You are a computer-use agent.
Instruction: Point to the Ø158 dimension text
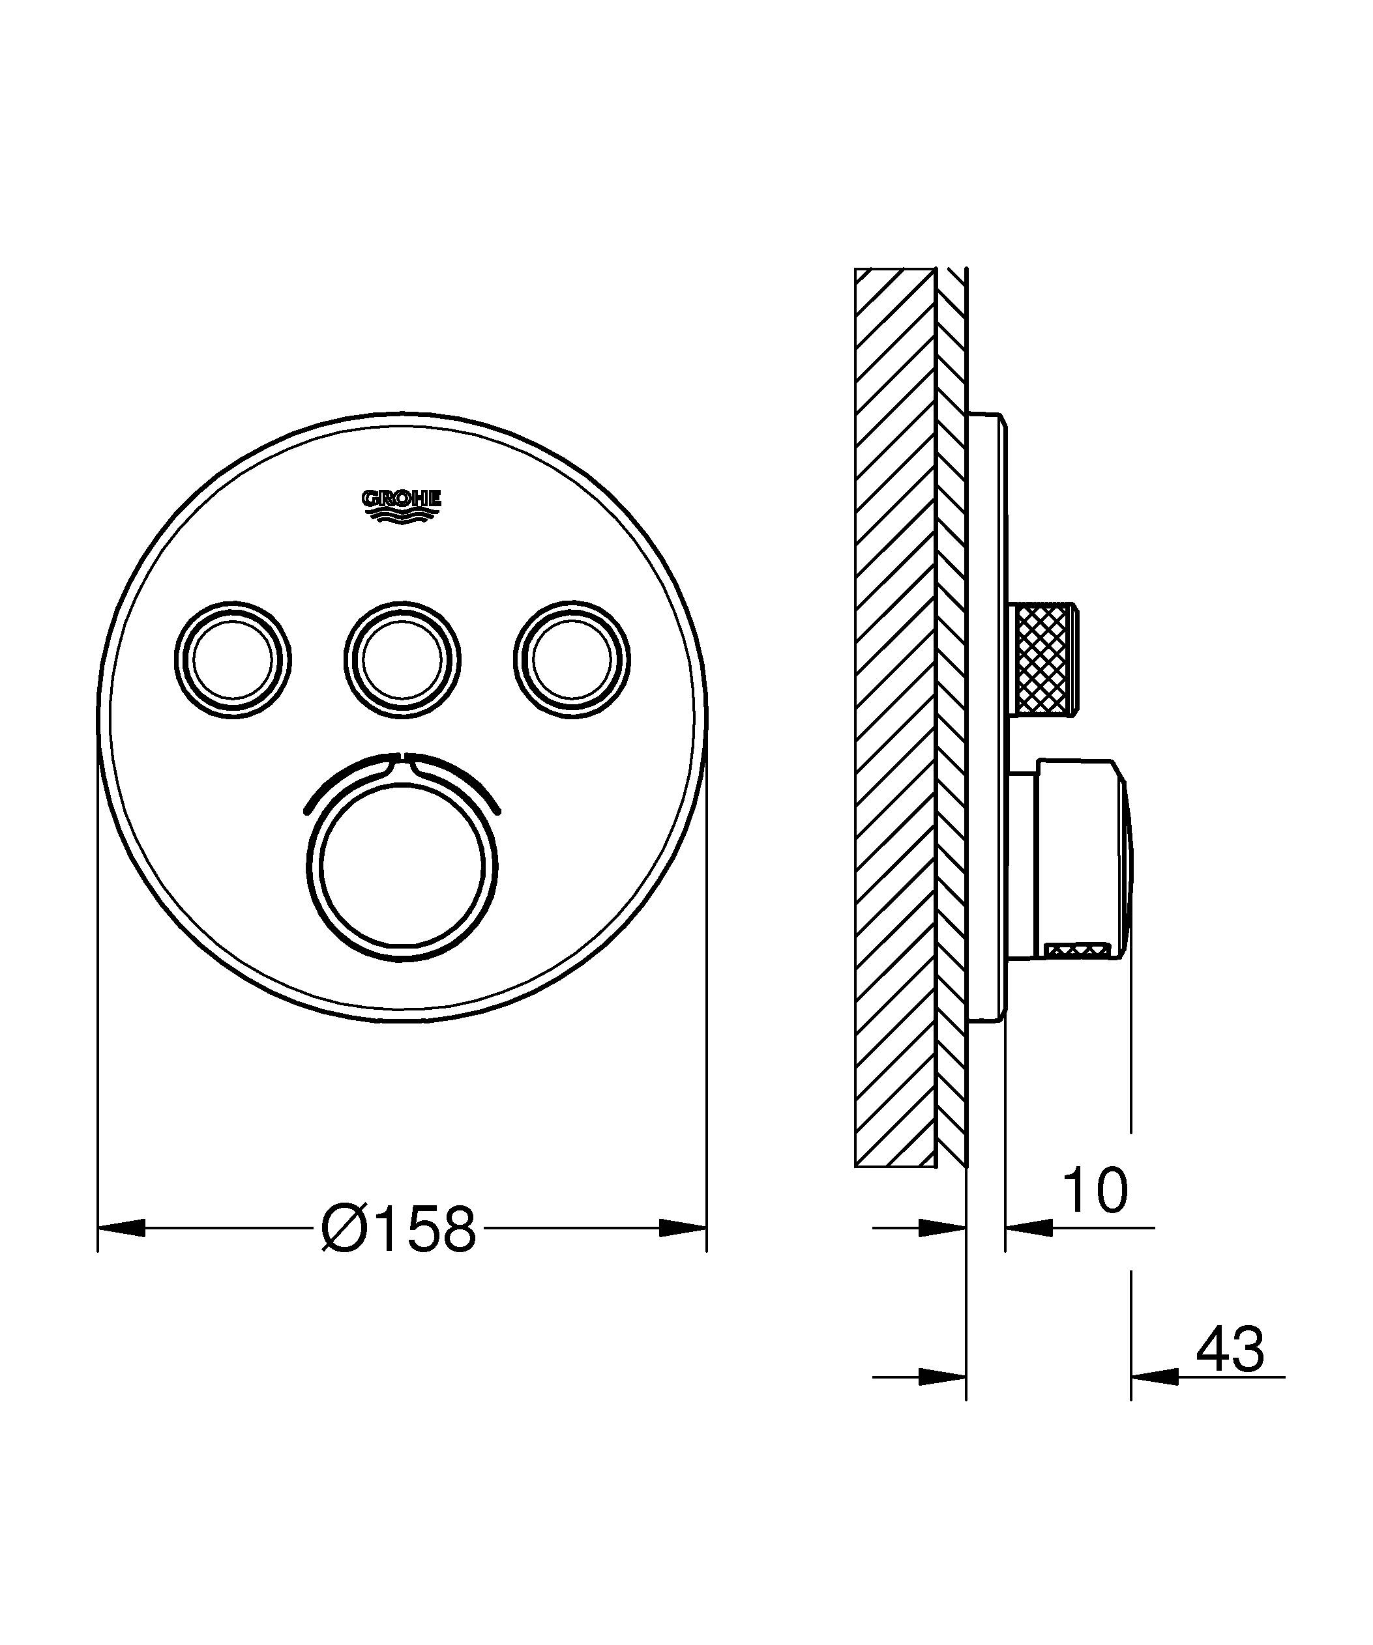point(399,1227)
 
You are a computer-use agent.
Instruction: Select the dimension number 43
point(1230,1349)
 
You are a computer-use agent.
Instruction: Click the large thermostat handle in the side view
point(1082,859)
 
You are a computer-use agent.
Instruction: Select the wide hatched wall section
point(895,717)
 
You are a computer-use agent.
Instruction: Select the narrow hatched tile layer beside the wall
point(951,717)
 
